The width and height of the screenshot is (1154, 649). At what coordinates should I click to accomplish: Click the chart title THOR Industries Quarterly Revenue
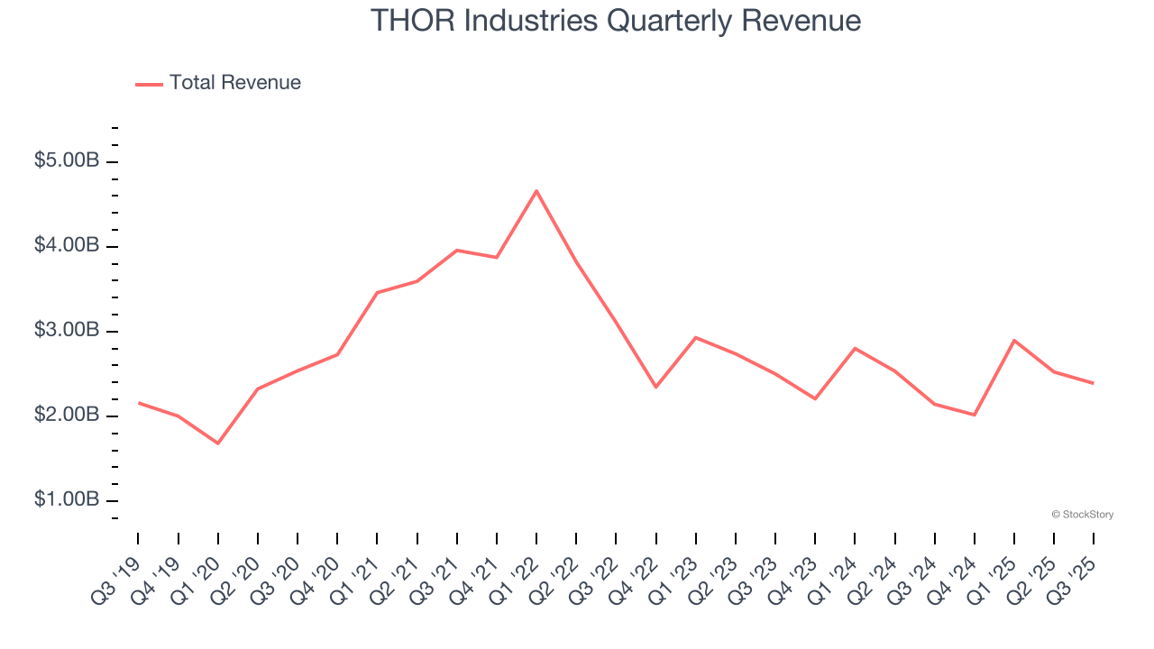616,21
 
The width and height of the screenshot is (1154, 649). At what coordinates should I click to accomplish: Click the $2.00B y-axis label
67,416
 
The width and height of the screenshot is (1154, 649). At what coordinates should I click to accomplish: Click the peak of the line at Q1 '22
536,190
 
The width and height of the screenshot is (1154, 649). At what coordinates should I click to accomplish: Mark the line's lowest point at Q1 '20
218,443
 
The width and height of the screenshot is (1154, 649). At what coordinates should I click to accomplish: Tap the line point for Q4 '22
656,388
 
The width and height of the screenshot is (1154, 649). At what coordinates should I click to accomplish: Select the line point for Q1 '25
1014,341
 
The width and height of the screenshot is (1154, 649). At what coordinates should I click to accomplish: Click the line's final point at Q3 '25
1094,383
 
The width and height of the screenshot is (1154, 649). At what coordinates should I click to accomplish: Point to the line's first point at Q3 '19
138,403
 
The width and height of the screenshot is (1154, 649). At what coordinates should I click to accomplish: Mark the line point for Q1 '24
855,348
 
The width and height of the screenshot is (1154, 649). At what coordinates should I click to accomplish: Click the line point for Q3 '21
457,251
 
